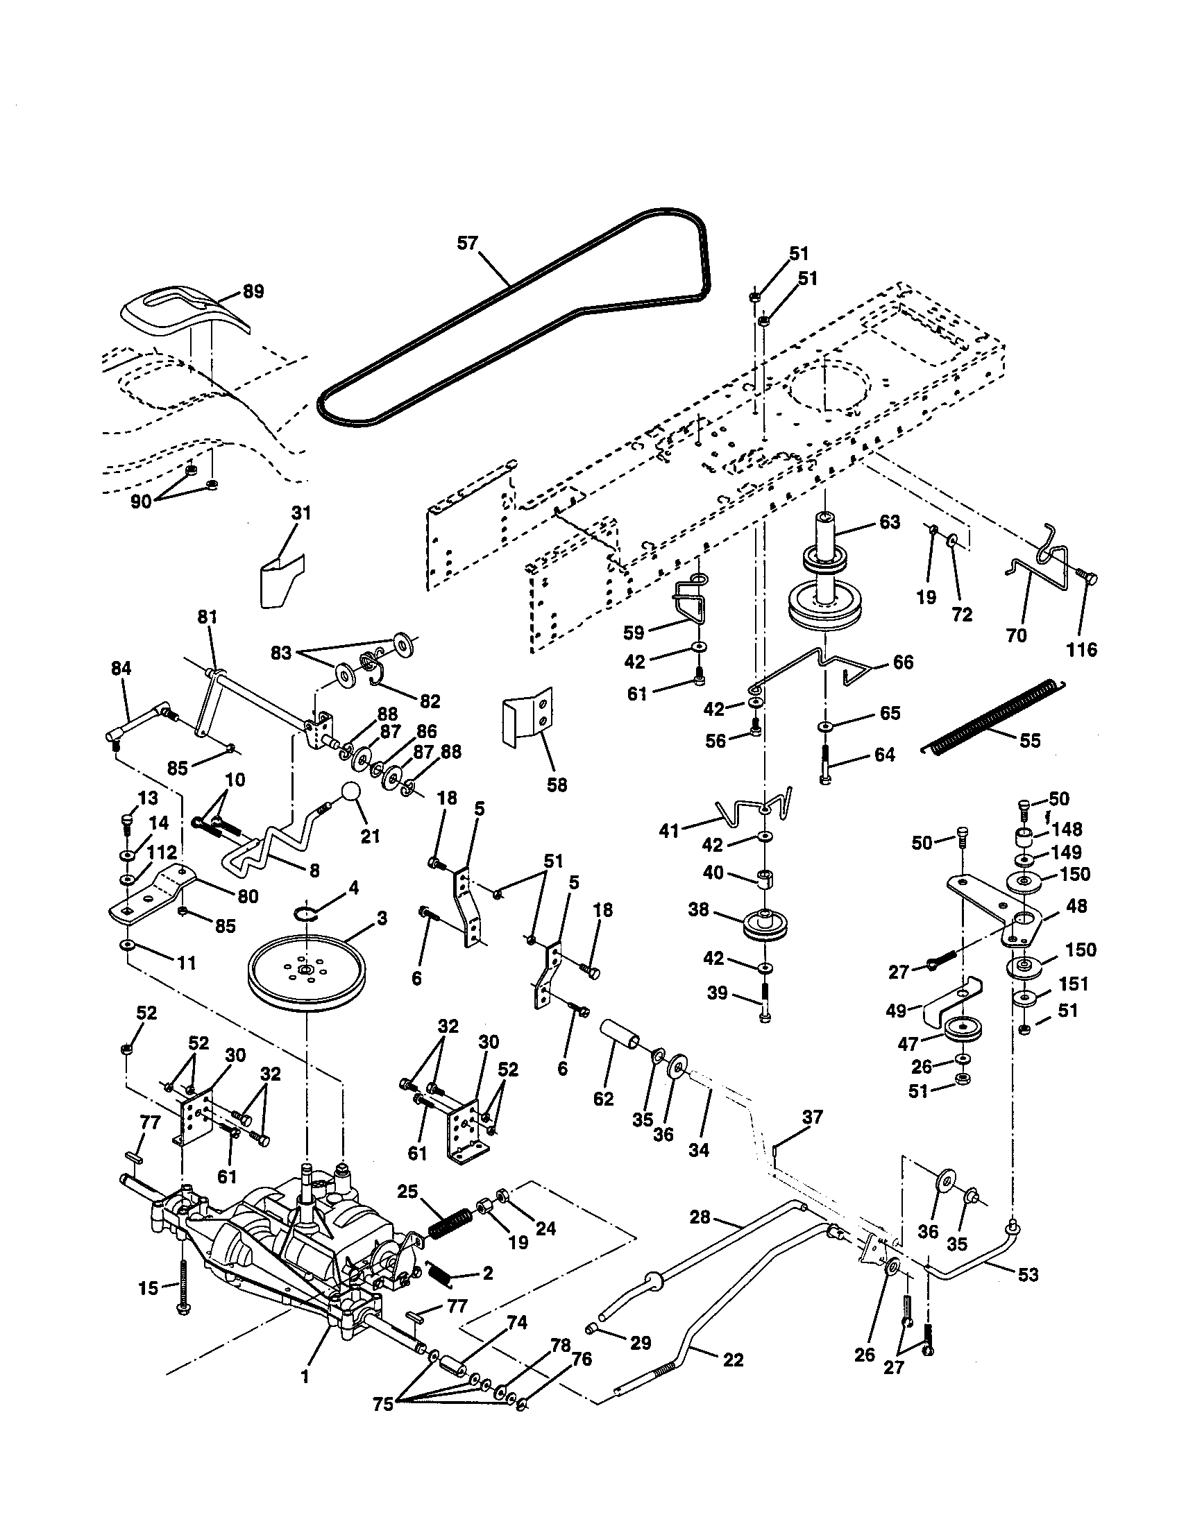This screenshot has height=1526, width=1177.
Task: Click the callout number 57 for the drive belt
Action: coord(467,243)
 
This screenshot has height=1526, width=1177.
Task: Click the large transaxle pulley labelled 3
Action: coord(306,972)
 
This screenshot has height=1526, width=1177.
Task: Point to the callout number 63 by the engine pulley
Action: coord(889,522)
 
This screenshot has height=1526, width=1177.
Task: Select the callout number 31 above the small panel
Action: coord(300,513)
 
